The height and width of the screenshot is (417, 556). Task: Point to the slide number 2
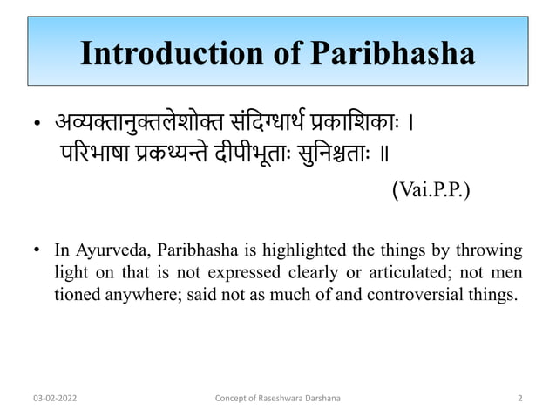pos(519,399)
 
